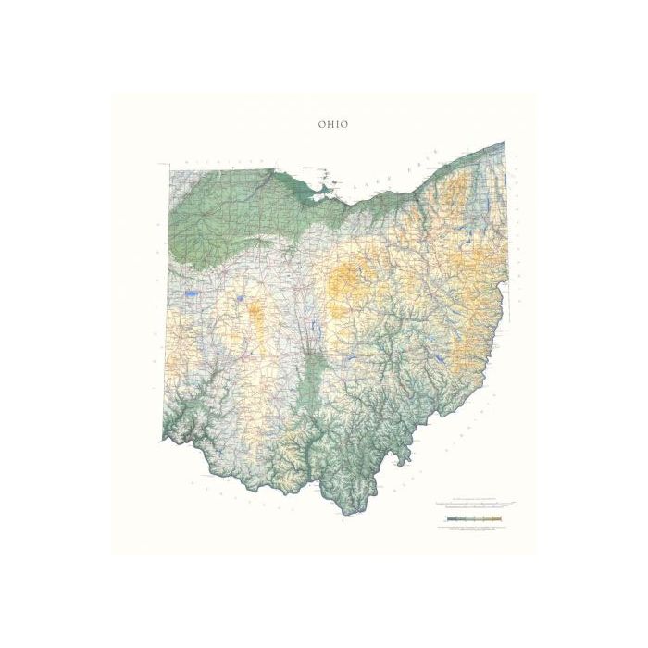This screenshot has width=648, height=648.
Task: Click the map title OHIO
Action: point(333,124)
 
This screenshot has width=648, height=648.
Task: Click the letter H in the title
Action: point(329,124)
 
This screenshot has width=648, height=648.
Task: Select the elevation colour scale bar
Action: point(471,520)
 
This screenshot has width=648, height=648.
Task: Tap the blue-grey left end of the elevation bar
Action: point(447,520)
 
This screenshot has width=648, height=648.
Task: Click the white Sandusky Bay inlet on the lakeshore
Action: point(325,193)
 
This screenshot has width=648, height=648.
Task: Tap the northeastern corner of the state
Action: point(505,143)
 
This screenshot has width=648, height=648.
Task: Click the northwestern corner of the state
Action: point(169,168)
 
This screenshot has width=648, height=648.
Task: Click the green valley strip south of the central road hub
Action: point(316,380)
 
